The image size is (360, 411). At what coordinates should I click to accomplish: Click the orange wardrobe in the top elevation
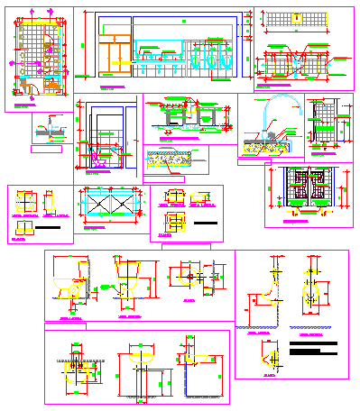(115, 53)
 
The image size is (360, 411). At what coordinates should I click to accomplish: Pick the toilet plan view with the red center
(192, 278)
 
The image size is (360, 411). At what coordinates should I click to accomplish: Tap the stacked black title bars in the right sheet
(317, 346)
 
